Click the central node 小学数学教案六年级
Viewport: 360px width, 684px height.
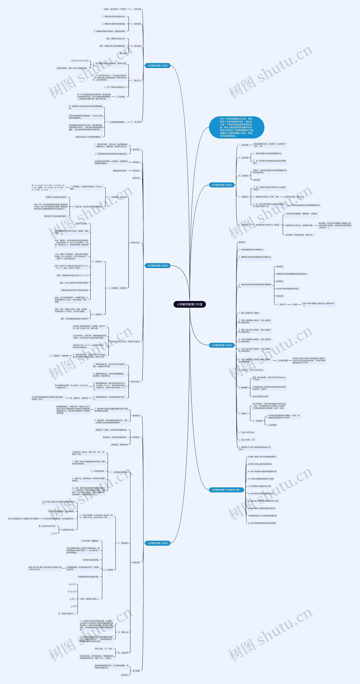[x=190, y=304]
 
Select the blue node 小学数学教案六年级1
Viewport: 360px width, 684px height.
[x=157, y=66]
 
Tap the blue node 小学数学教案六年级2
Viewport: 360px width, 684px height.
[x=221, y=185]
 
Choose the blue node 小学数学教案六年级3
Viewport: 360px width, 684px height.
[x=157, y=266]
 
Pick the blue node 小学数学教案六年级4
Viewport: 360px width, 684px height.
[x=221, y=345]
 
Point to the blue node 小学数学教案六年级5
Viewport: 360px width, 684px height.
[x=157, y=543]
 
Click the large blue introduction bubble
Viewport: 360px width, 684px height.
[x=236, y=127]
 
